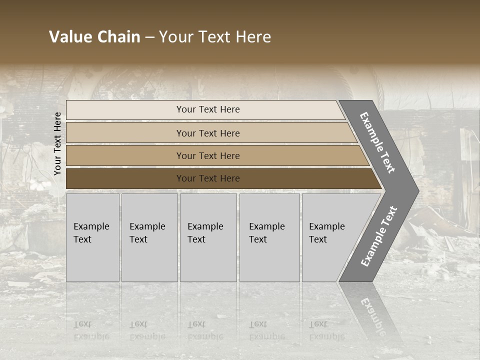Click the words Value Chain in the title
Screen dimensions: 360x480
pyautogui.click(x=94, y=37)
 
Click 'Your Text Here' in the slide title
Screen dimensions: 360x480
pyautogui.click(x=215, y=37)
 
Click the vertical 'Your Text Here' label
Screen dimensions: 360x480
pyautogui.click(x=57, y=143)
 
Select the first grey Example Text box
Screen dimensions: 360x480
pyautogui.click(x=92, y=237)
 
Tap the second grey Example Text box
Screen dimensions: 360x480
pyautogui.click(x=149, y=237)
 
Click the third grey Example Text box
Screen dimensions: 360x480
pyautogui.click(x=208, y=237)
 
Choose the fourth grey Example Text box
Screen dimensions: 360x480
pyautogui.click(x=269, y=237)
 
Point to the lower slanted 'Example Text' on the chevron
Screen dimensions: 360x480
pyautogui.click(x=378, y=236)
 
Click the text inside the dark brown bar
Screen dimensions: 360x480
pyautogui.click(x=208, y=178)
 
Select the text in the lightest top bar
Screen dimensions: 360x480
pyautogui.click(x=208, y=109)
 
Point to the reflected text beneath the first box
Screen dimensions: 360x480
pyautogui.click(x=91, y=330)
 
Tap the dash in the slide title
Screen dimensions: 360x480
pyautogui.click(x=149, y=37)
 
